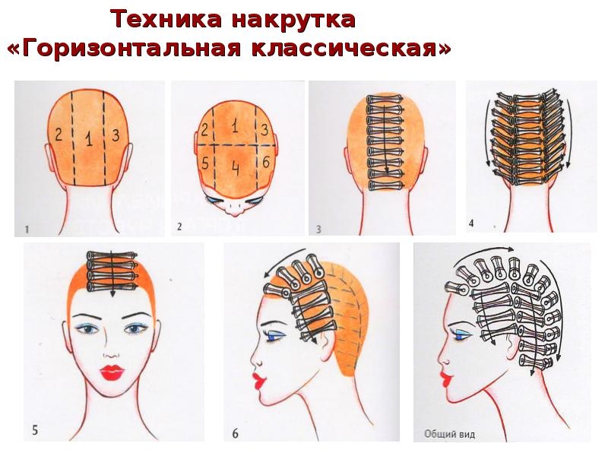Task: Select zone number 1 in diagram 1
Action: point(89,139)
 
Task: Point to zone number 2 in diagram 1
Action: point(57,135)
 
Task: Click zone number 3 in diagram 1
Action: point(115,135)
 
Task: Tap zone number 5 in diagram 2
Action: point(205,163)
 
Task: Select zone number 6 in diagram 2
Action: point(264,162)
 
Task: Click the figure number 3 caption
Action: point(319,227)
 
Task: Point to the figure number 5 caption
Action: point(34,430)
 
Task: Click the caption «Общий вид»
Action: point(445,435)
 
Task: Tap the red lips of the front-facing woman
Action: point(113,372)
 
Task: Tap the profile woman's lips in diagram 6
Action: point(256,378)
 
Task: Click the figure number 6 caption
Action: point(235,433)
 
